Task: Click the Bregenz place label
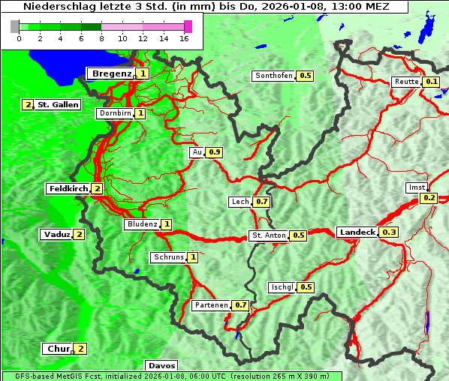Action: tap(111, 73)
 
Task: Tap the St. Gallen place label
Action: tap(58, 104)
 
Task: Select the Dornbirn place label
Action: tap(115, 113)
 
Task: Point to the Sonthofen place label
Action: tap(274, 76)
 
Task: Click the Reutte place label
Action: tap(406, 82)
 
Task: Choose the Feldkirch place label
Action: tap(68, 188)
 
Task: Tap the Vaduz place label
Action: tap(56, 234)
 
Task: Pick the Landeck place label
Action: tap(357, 232)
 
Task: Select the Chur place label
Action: tap(58, 349)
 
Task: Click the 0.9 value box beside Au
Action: tap(215, 152)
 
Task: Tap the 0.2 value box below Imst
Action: tap(429, 198)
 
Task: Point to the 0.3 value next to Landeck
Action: tap(390, 232)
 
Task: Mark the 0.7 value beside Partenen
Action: tap(240, 305)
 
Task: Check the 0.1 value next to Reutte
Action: tap(431, 82)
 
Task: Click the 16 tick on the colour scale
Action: tap(185, 38)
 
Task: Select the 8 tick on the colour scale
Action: tap(101, 38)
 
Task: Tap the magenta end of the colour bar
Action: tap(188, 26)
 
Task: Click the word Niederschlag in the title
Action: tap(52, 6)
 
